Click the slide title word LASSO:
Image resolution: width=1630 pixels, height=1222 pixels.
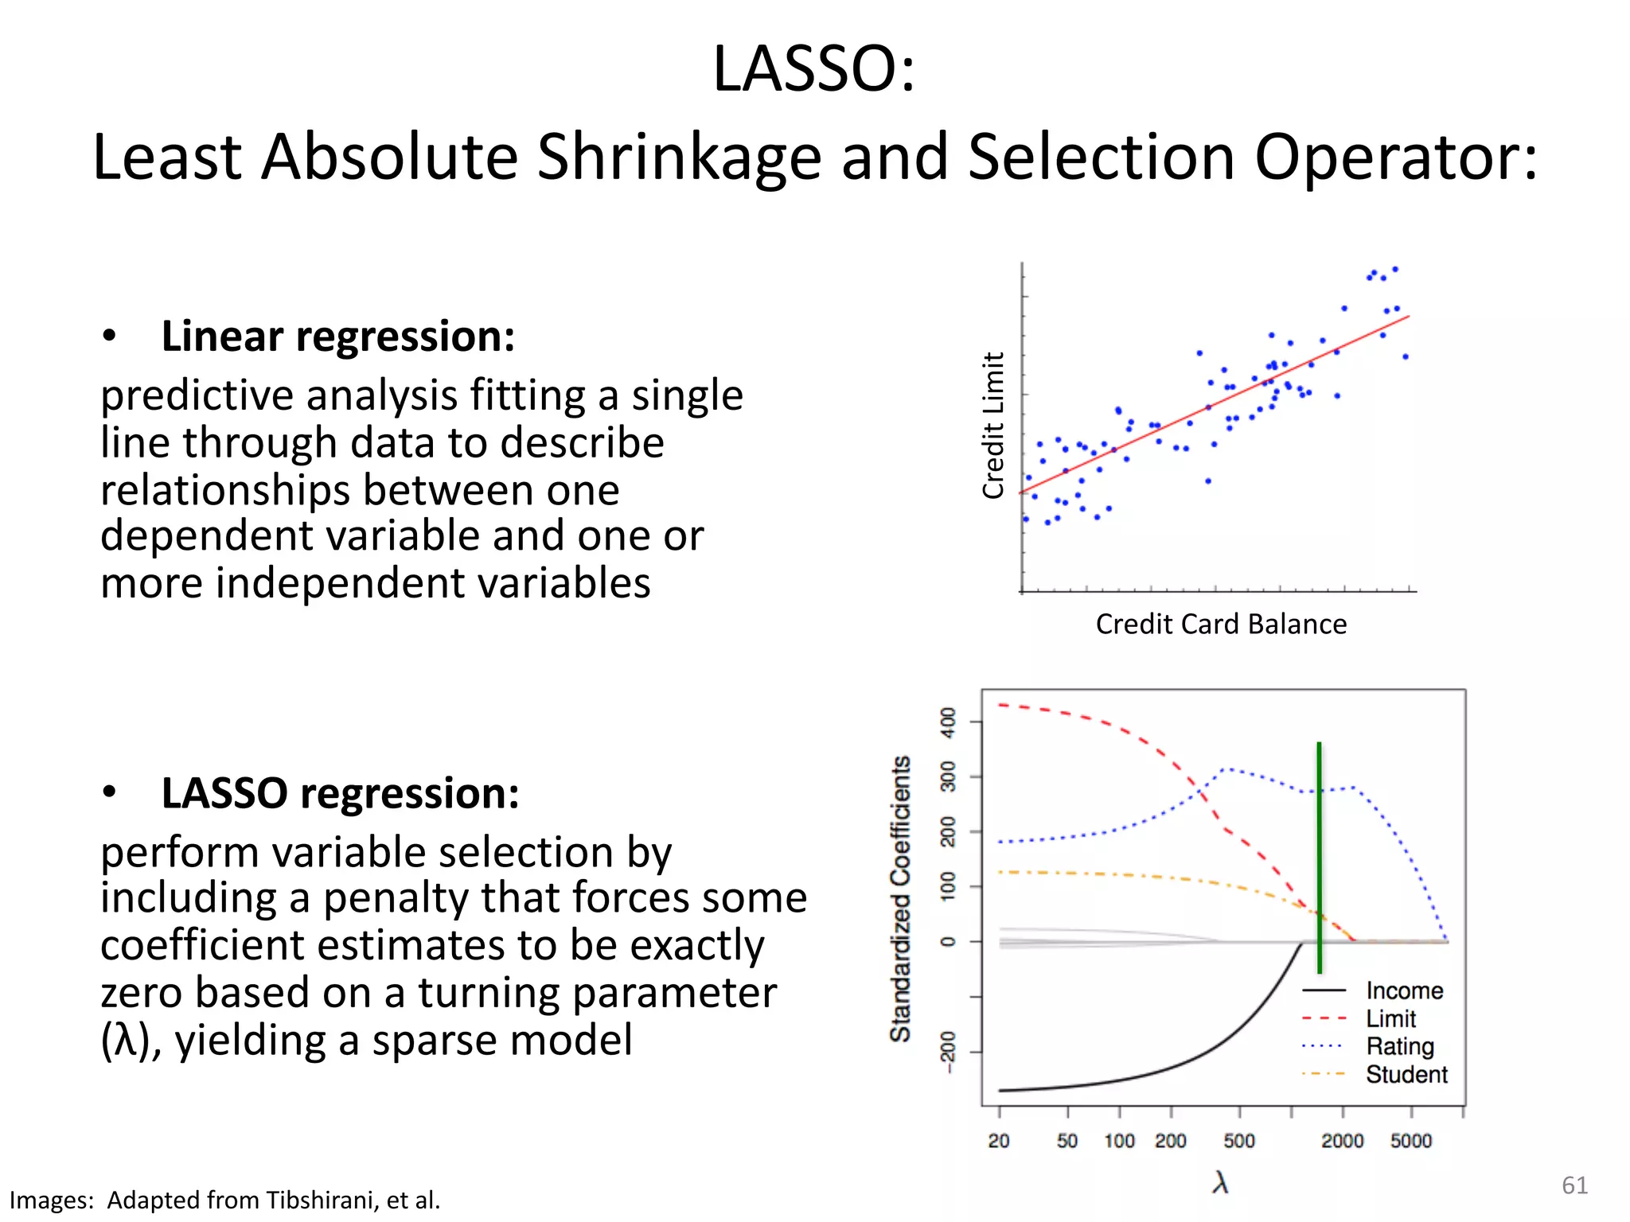pyautogui.click(x=814, y=69)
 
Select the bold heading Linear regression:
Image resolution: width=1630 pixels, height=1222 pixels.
pyautogui.click(x=338, y=336)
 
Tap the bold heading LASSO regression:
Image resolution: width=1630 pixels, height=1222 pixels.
pyautogui.click(x=340, y=793)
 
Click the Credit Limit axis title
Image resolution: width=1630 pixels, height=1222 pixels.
pyautogui.click(x=993, y=425)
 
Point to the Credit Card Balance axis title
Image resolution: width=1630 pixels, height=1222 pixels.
pyautogui.click(x=1220, y=625)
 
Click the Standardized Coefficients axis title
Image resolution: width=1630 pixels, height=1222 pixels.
pyautogui.click(x=900, y=899)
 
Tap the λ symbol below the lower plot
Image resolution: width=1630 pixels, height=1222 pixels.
pyautogui.click(x=1220, y=1182)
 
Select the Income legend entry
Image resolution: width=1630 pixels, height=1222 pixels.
pyautogui.click(x=1404, y=990)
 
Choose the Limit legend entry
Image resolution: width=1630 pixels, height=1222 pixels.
pyautogui.click(x=1390, y=1018)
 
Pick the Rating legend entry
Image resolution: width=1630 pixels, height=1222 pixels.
pyautogui.click(x=1399, y=1046)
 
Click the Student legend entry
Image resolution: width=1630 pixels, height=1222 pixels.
pyautogui.click(x=1406, y=1074)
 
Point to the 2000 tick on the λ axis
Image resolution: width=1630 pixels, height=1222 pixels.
pyautogui.click(x=1343, y=1141)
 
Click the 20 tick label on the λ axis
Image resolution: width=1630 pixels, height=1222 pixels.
pyautogui.click(x=999, y=1141)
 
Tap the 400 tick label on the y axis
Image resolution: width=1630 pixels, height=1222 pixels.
pyautogui.click(x=948, y=722)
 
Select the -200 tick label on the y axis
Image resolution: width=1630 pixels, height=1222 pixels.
pyautogui.click(x=948, y=1052)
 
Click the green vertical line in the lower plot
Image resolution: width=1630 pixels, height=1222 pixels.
pyautogui.click(x=1319, y=859)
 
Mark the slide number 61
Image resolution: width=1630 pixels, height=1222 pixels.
pyautogui.click(x=1574, y=1185)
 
